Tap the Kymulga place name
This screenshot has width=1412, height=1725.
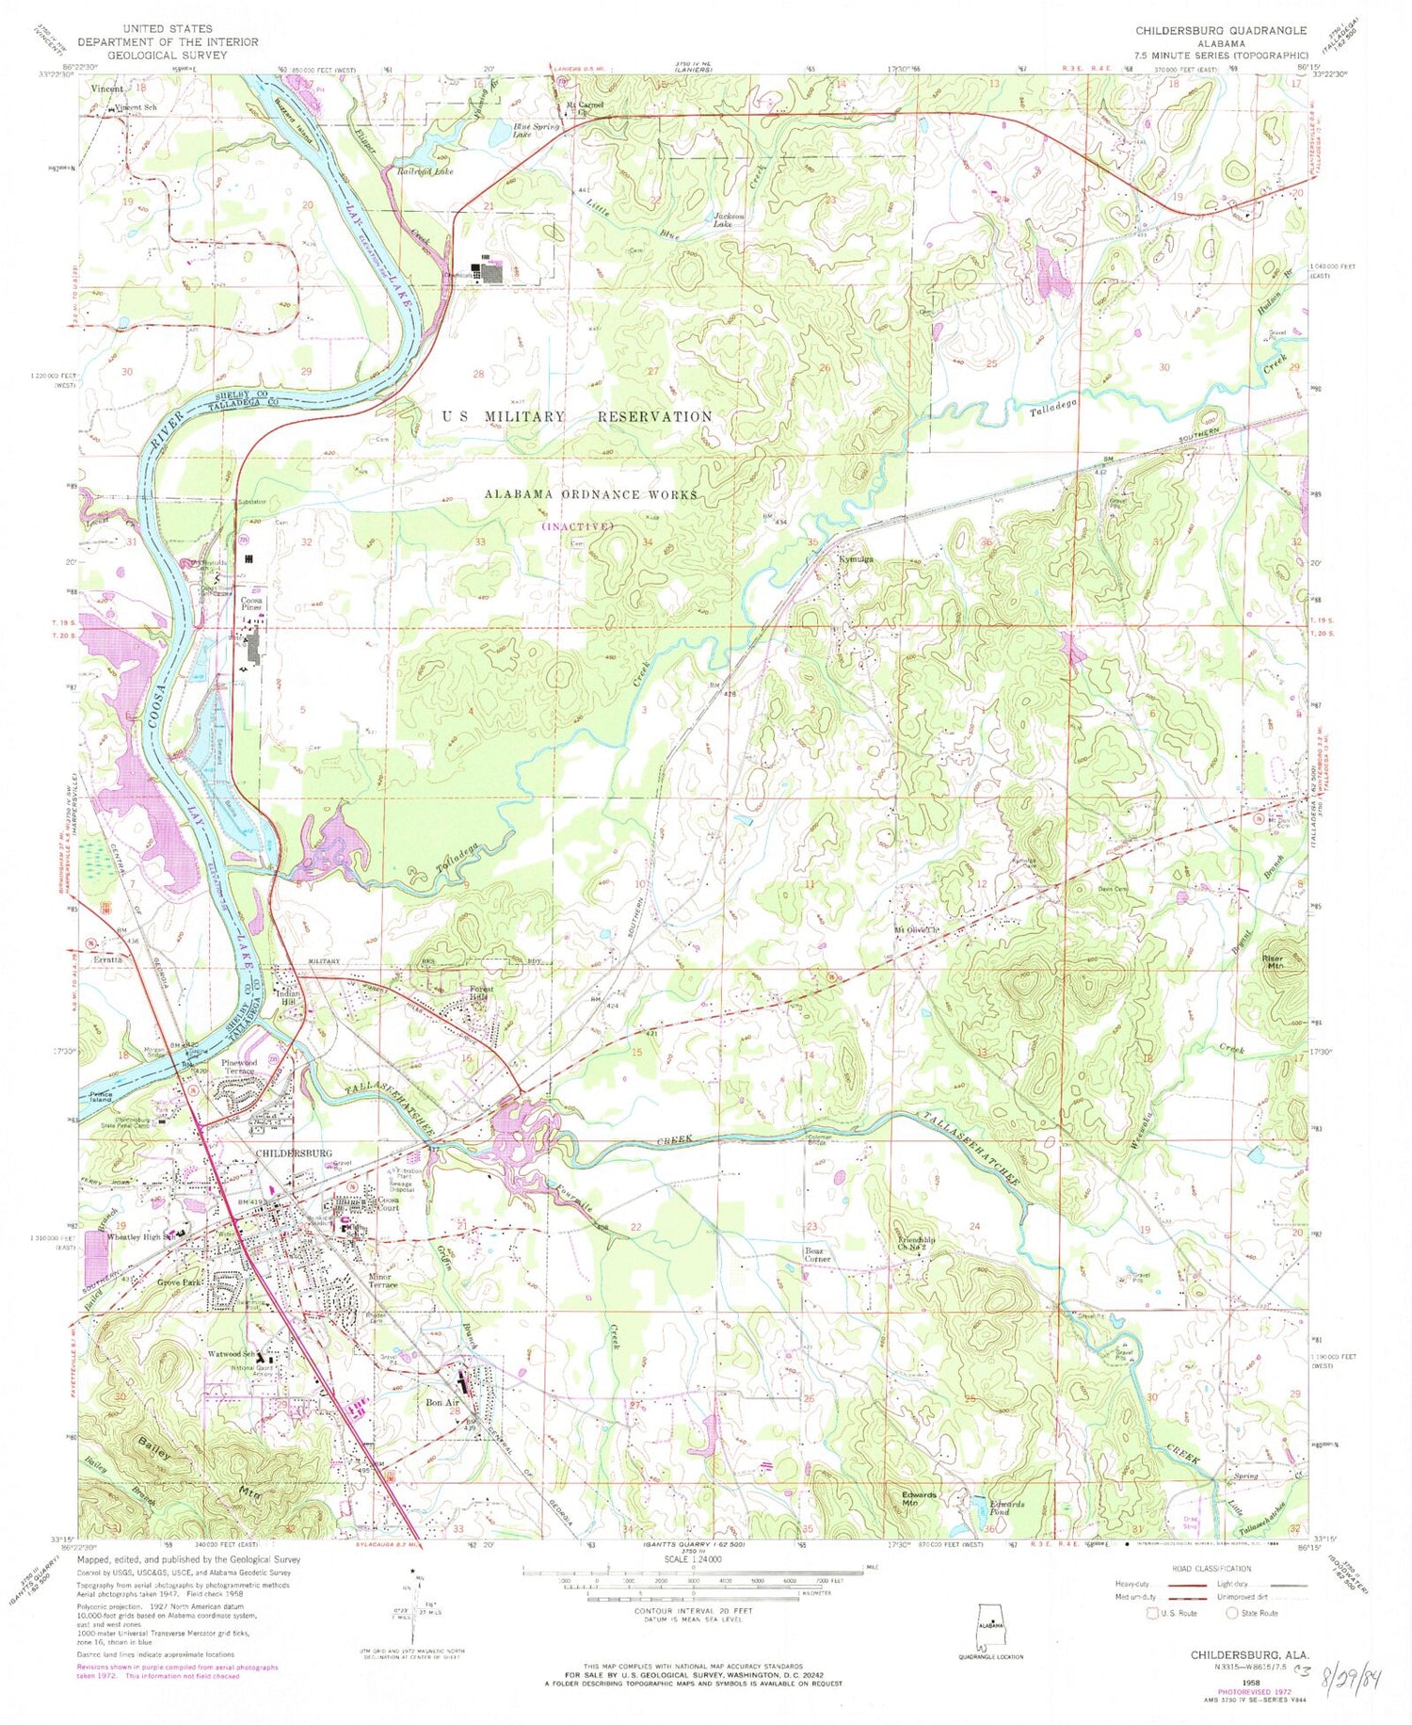pos(856,559)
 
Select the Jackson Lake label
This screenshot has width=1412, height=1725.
pos(729,219)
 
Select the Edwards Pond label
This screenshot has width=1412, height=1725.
pos(1006,1507)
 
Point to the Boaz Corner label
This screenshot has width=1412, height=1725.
pos(817,1254)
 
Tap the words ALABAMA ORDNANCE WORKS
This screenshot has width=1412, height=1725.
pos(590,494)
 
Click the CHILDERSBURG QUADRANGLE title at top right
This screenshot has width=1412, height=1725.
pos(1220,31)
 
